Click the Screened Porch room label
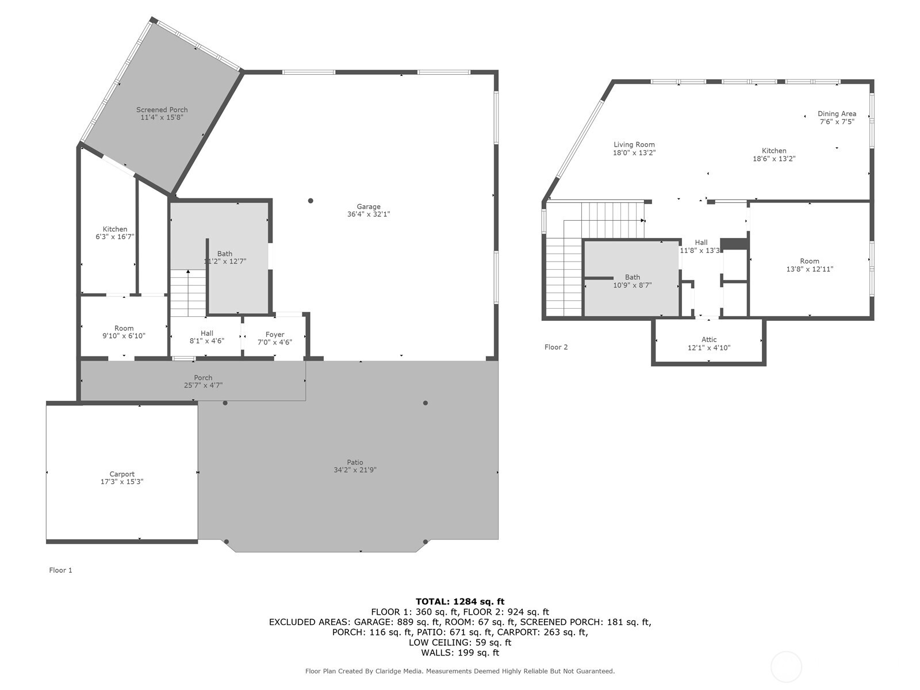pos(162,110)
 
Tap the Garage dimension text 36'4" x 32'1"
pos(368,214)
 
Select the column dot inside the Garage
pos(310,201)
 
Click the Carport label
pos(122,474)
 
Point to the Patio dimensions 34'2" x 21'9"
pos(355,470)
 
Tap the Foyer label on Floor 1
pos(275,335)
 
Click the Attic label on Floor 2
pos(709,340)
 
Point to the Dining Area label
pos(837,114)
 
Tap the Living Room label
pos(634,145)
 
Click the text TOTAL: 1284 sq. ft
pos(460,601)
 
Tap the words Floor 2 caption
pos(556,347)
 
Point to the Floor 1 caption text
pos(60,570)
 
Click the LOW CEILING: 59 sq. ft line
pos(460,642)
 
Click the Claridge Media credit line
pos(460,671)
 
